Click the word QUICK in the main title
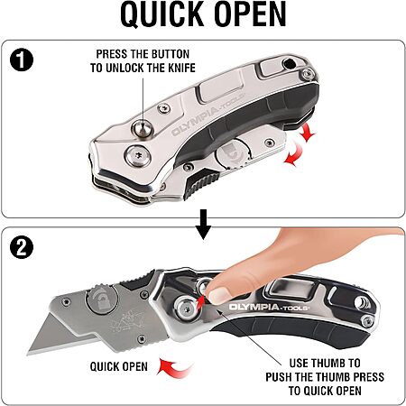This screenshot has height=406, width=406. tap(162, 14)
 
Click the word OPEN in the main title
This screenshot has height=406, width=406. tap(250, 14)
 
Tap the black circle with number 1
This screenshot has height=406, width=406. tap(22, 60)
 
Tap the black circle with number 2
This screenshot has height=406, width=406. tap(22, 247)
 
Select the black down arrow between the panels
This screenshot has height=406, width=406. tap(203, 224)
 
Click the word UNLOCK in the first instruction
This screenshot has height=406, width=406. tap(126, 68)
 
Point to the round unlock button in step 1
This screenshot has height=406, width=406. tap(143, 129)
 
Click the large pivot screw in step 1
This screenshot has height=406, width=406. tap(138, 156)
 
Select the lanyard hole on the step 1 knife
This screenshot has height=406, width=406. tap(290, 64)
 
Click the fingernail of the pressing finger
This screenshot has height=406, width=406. tap(219, 295)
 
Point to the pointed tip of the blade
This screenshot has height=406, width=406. tap(28, 354)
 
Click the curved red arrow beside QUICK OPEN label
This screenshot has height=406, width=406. tap(174, 367)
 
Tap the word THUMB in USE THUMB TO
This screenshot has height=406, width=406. tap(329, 363)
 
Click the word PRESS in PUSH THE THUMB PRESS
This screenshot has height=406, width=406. tap(369, 377)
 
